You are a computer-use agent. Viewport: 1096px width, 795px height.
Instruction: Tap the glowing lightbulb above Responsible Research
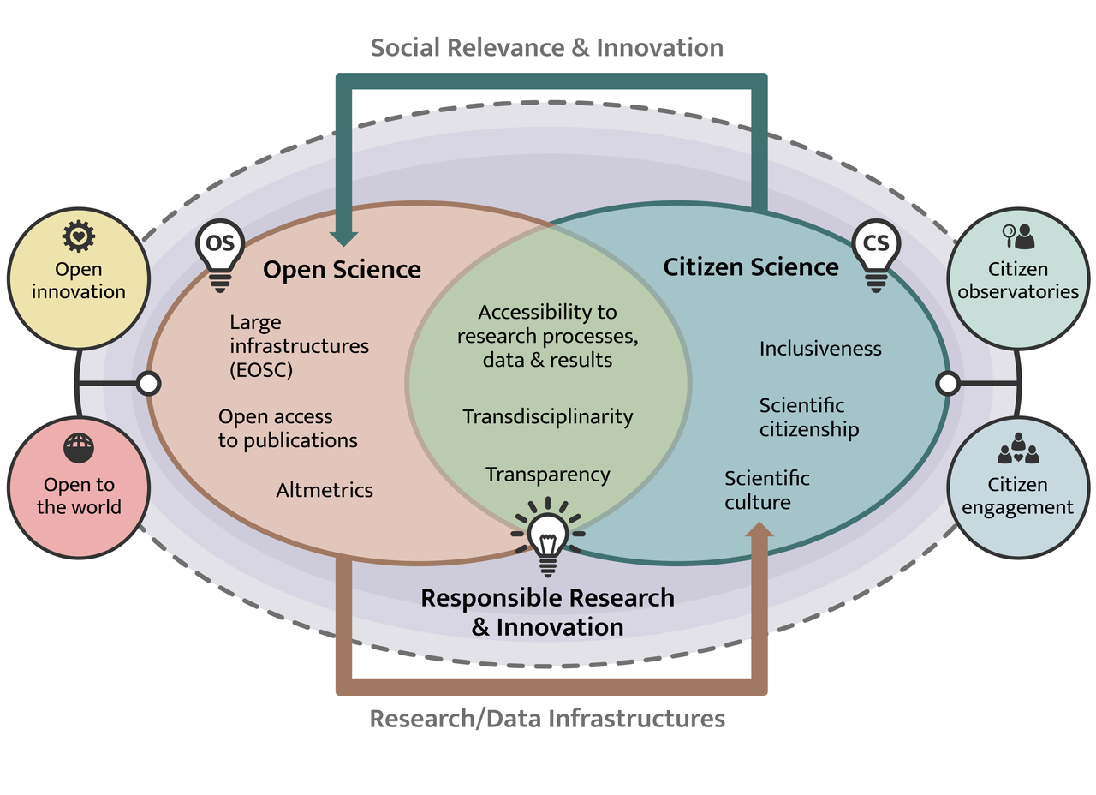pos(547,535)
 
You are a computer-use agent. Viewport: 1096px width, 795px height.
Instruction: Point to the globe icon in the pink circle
pos(78,447)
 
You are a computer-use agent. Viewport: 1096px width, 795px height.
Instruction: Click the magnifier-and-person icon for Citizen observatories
pos(1018,236)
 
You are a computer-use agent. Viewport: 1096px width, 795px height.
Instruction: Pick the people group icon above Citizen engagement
pos(1018,449)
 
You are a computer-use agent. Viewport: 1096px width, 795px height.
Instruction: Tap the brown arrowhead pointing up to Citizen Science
pos(759,533)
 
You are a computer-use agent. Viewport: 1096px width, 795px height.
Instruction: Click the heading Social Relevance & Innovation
pos(547,47)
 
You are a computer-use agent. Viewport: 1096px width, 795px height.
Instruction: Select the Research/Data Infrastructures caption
pos(547,718)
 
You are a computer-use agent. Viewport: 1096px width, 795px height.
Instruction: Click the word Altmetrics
pos(325,490)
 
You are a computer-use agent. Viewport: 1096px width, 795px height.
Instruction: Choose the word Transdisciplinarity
pos(548,416)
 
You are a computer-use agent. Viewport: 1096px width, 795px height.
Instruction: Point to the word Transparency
pos(548,474)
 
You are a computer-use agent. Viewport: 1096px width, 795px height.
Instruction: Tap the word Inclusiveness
pos(820,349)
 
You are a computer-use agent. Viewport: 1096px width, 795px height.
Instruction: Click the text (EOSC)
pos(261,370)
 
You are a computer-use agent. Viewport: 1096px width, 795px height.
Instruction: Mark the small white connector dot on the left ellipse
pos(149,383)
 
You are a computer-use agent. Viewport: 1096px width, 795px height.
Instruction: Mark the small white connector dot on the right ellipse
pos(947,383)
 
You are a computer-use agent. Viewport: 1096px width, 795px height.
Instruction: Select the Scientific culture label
pos(767,490)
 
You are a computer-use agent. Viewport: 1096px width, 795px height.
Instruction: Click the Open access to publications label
pos(288,428)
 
